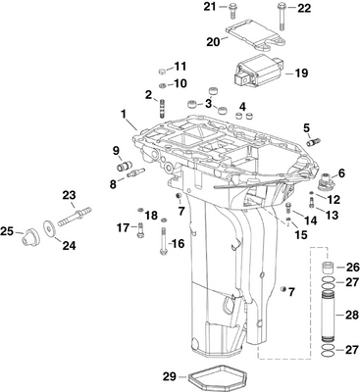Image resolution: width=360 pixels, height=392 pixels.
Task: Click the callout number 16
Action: [x=178, y=243]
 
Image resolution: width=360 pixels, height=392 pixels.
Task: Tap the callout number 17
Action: [x=124, y=227]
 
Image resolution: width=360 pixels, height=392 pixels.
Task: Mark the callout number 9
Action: [x=116, y=150]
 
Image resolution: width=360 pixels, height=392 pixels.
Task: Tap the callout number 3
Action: [x=180, y=104]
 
